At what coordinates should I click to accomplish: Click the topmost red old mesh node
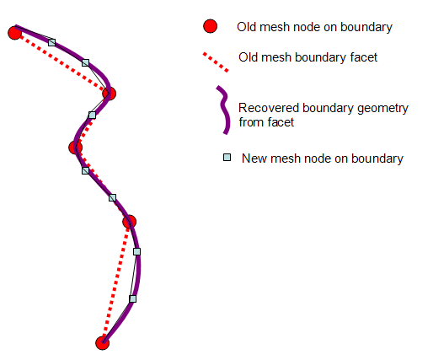pyautogui.click(x=14, y=33)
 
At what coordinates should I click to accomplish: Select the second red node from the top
pyautogui.click(x=109, y=94)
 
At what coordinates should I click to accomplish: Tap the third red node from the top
pyautogui.click(x=75, y=148)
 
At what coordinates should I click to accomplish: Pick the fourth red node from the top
pyautogui.click(x=129, y=222)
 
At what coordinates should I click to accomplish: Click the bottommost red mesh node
pyautogui.click(x=102, y=342)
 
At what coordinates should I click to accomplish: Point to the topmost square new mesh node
pyautogui.click(x=51, y=41)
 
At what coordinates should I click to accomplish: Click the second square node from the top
pyautogui.click(x=85, y=62)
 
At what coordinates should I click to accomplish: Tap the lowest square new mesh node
pyautogui.click(x=132, y=298)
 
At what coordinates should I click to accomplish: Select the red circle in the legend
pyautogui.click(x=211, y=27)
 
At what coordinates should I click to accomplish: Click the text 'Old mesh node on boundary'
pyautogui.click(x=314, y=28)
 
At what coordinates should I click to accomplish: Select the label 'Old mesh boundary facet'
pyautogui.click(x=308, y=57)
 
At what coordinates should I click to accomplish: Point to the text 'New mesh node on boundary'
pyautogui.click(x=322, y=159)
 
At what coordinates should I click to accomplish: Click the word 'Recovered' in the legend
pyautogui.click(x=266, y=108)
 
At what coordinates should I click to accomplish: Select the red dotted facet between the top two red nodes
pyautogui.click(x=61, y=62)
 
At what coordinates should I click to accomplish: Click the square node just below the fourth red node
pyautogui.click(x=137, y=251)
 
